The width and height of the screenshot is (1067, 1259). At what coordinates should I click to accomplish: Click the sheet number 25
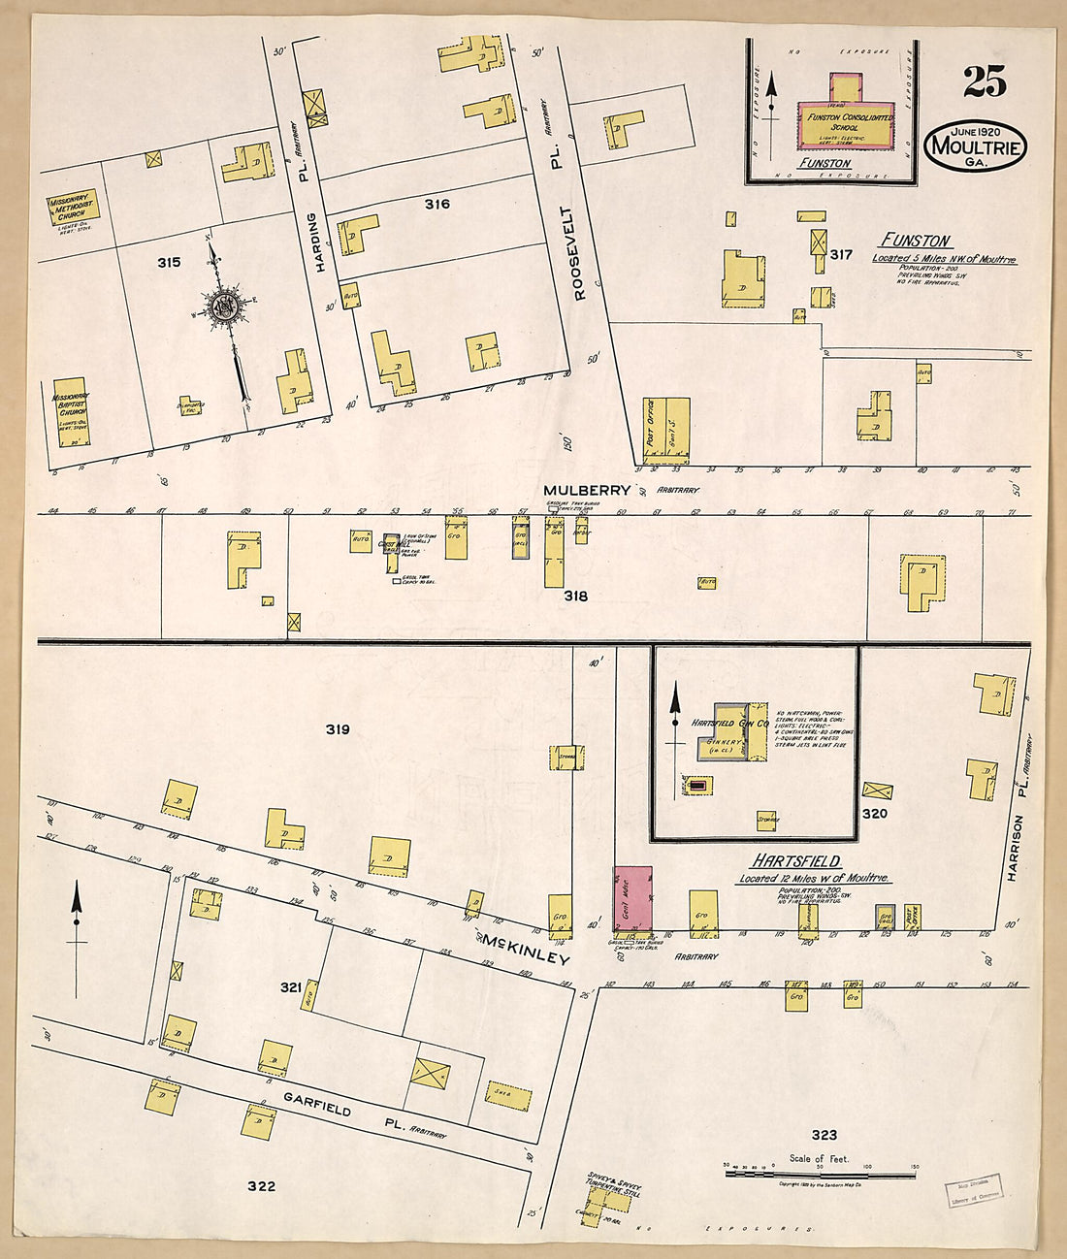coord(985,82)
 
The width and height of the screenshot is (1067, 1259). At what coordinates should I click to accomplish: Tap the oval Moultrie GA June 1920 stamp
coord(974,146)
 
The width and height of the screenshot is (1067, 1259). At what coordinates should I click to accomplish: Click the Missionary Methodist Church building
coord(74,209)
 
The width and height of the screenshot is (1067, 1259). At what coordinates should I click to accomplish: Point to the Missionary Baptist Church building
coord(71,411)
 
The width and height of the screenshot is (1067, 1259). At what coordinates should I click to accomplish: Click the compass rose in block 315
coord(228,308)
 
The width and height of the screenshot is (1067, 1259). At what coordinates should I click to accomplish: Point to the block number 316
coord(436,204)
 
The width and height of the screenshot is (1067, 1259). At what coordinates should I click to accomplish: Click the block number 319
coord(337,729)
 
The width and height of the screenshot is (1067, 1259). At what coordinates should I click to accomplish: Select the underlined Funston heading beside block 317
coord(915,241)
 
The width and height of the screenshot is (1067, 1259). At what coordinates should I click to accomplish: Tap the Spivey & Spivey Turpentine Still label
coord(614,1184)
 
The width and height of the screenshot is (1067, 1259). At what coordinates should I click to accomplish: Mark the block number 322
coord(261,1185)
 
